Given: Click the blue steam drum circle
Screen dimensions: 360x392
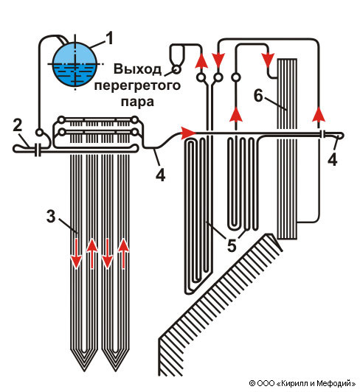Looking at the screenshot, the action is click(75, 64).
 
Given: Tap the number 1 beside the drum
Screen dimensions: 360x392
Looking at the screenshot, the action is click(109, 38).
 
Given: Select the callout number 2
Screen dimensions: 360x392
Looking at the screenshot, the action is click(18, 125).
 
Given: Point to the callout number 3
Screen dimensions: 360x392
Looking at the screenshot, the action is click(51, 216).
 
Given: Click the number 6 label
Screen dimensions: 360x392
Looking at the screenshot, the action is click(259, 95).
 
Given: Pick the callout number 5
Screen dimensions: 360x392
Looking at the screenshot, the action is click(232, 245).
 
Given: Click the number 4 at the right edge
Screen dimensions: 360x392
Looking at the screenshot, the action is click(333, 159).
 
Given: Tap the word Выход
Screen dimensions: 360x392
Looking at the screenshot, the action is click(137, 69).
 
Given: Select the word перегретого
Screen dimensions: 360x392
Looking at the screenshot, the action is click(137, 85).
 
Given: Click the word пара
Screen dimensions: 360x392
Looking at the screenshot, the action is click(137, 102).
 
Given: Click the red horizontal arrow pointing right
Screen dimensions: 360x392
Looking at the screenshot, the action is click(188, 133).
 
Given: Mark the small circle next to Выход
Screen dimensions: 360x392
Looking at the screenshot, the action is click(176, 69).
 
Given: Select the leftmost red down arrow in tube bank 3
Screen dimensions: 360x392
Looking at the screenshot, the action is click(76, 253).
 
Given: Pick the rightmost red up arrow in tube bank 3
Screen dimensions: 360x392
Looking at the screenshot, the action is click(123, 253).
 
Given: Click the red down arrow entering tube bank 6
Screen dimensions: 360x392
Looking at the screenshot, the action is click(268, 60).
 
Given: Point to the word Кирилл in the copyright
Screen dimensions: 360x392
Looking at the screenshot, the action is click(295, 383).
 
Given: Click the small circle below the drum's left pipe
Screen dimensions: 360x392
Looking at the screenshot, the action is click(39, 132).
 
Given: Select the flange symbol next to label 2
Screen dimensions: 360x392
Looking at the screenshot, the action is click(38, 150).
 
